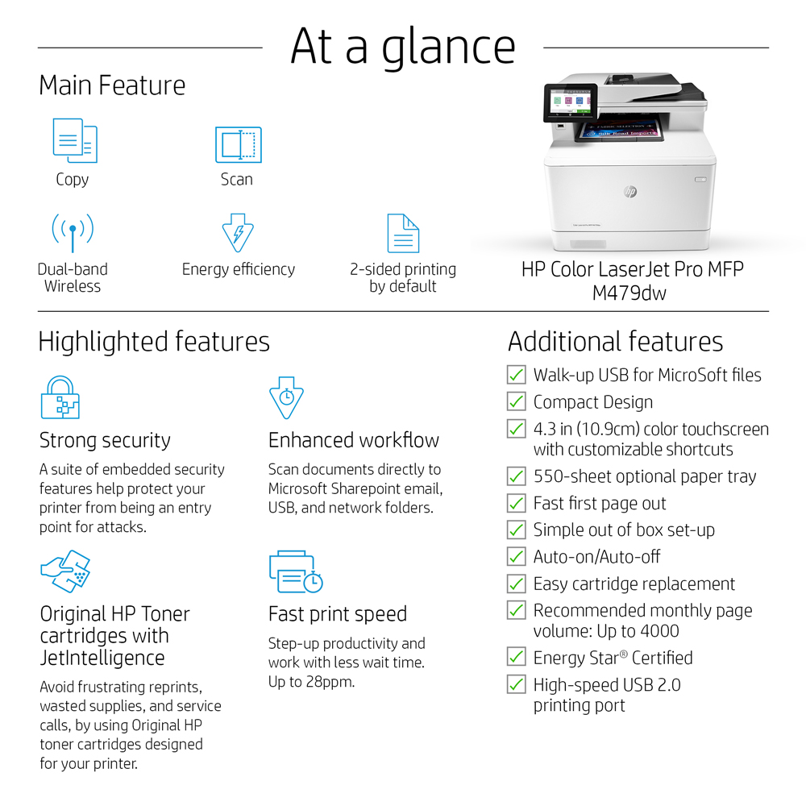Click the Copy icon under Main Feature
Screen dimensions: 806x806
(x=75, y=140)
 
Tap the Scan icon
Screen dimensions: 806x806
(x=239, y=144)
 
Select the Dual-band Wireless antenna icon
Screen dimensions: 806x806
(x=73, y=232)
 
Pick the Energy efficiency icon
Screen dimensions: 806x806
(x=238, y=233)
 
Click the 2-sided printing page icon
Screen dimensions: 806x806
(x=403, y=233)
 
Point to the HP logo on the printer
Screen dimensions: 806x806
(x=630, y=192)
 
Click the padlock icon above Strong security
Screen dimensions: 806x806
(x=60, y=397)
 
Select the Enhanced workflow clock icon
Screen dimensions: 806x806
(x=286, y=397)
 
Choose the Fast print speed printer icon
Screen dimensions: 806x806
(x=296, y=571)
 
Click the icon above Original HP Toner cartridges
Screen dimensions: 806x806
(x=66, y=571)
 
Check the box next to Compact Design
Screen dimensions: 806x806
(x=516, y=401)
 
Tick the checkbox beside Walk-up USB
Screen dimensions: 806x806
(x=516, y=375)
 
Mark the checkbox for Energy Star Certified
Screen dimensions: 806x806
(x=516, y=657)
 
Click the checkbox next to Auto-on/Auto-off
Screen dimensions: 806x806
(x=516, y=556)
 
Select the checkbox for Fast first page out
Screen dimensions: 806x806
(x=516, y=503)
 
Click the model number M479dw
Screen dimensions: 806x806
(x=629, y=293)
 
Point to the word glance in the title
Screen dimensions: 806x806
(x=448, y=48)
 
